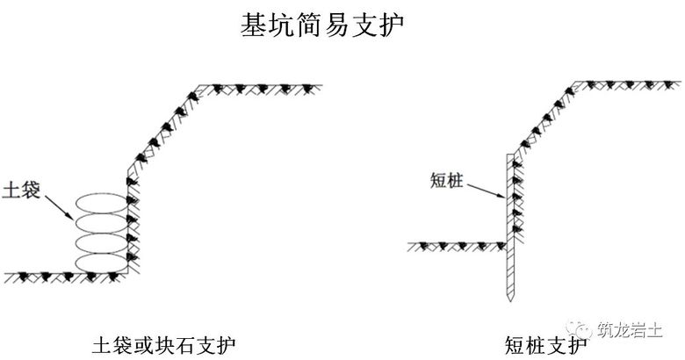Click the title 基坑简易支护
pos(321,25)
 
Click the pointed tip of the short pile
pos(510,301)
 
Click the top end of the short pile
pos(510,155)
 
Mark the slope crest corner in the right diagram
pos(573,85)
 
